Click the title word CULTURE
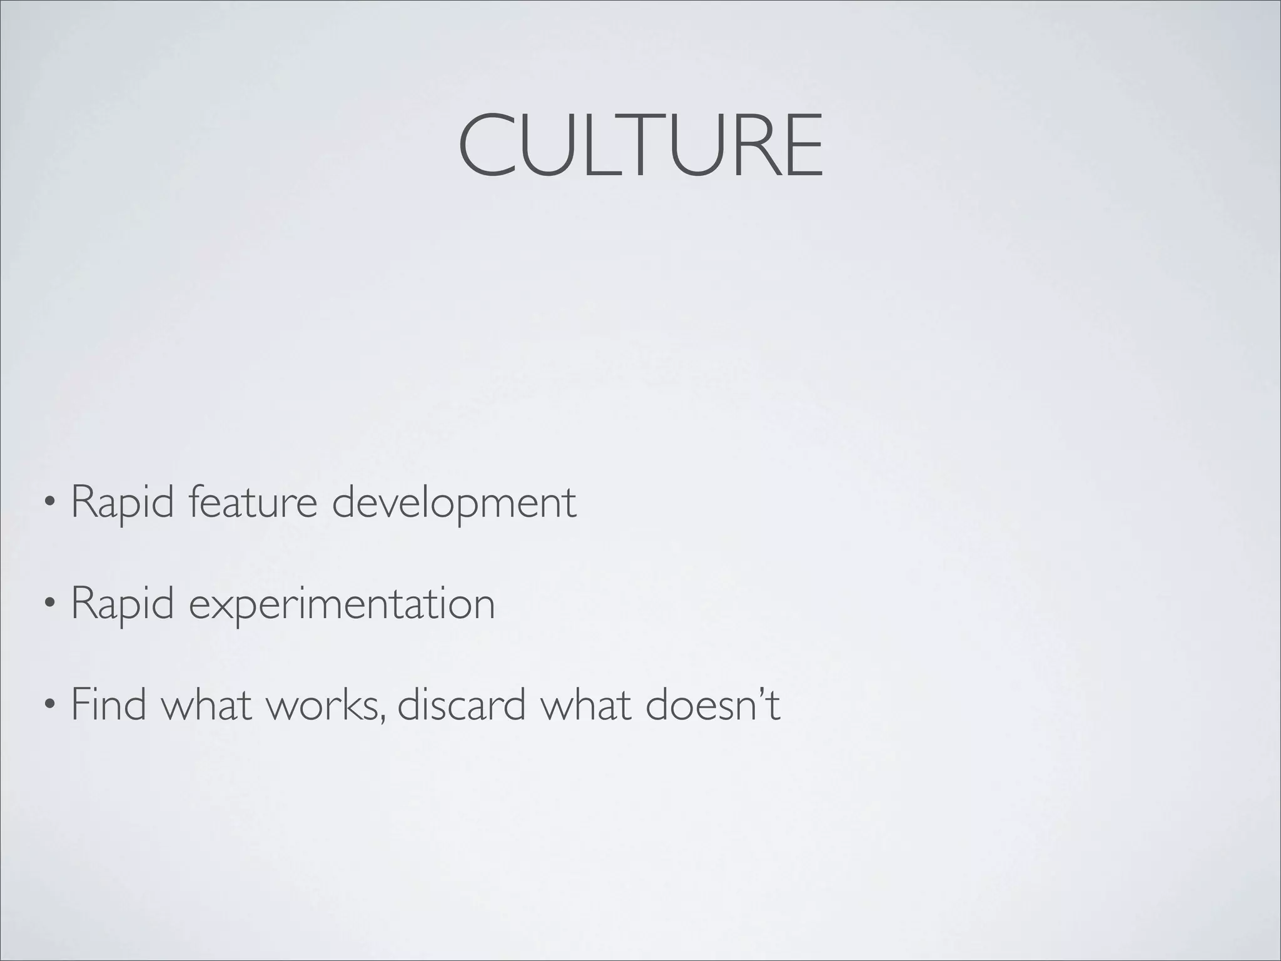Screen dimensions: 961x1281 tap(640, 146)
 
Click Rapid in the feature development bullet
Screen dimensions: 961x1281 tap(123, 502)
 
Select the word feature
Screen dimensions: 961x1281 tap(253, 502)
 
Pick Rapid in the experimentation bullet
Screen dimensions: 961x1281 tap(123, 604)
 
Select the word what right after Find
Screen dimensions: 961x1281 tap(206, 704)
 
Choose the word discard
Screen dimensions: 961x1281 tap(461, 704)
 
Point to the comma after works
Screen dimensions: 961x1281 tap(381, 719)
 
